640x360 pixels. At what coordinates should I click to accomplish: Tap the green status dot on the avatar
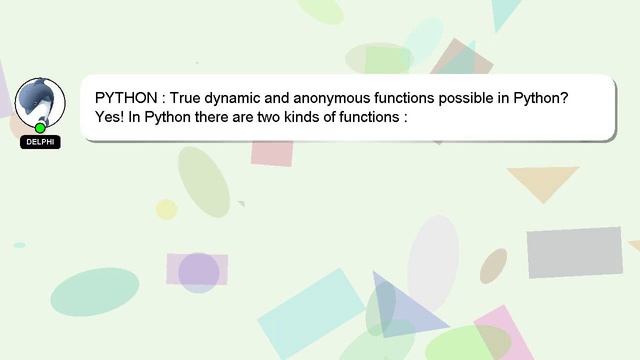click(40, 128)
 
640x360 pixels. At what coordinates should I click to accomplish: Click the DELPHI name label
click(40, 142)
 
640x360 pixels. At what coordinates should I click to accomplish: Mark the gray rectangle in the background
click(574, 252)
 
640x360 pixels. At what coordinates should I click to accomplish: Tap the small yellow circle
click(166, 209)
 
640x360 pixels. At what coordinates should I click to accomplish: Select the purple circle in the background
click(198, 272)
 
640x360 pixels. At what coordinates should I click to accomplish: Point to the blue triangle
click(406, 307)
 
